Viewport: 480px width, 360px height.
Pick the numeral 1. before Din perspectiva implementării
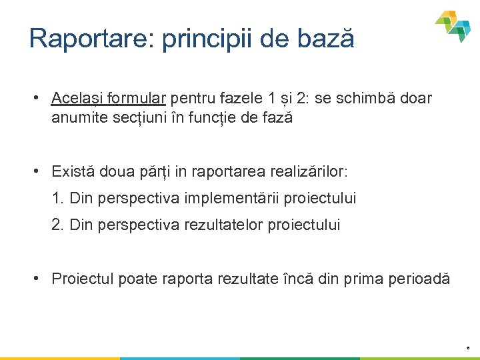(58, 198)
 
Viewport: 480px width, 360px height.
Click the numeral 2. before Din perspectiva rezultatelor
(58, 225)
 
